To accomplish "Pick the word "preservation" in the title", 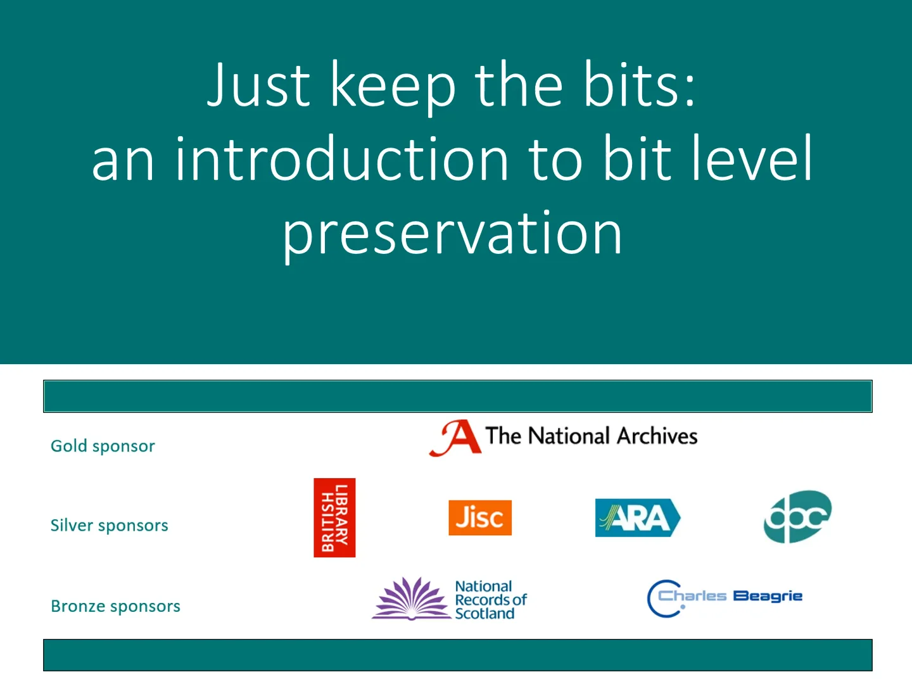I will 452,234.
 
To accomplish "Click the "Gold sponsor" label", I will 103,446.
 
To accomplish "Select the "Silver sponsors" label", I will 109,526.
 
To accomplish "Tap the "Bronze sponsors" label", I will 115,606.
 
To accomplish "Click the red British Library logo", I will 334,517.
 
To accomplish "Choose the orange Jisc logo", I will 479,517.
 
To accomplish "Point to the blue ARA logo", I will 637,518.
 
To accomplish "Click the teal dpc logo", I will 797,517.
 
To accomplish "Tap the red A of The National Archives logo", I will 456,438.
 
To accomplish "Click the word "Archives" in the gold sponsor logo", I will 657,436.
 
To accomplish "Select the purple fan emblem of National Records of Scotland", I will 411,598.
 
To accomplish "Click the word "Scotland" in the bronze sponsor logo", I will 484,614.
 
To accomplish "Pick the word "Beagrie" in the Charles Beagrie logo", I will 768,596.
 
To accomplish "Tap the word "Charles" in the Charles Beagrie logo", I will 692,596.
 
